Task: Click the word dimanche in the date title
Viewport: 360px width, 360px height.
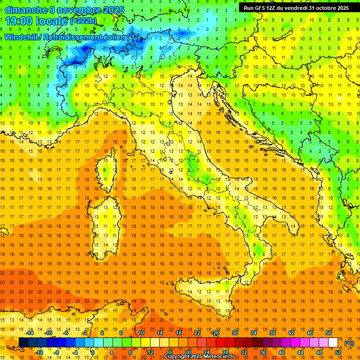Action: click(25, 10)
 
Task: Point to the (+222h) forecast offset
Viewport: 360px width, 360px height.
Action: click(83, 21)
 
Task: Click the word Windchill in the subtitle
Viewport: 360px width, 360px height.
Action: click(21, 37)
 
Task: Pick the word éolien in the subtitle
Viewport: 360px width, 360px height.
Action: click(114, 37)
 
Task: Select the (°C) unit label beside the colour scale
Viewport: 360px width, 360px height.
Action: click(349, 343)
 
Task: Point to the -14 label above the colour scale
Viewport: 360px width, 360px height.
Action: click(30, 333)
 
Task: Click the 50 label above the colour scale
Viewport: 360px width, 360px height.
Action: click(329, 333)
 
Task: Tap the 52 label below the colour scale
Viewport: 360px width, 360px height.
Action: click(338, 352)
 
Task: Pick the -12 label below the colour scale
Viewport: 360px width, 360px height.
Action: click(39, 352)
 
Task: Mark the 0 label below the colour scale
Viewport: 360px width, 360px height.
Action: click(93, 352)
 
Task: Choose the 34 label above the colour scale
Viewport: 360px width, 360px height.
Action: click(254, 333)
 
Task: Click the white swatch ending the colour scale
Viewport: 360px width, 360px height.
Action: click(333, 343)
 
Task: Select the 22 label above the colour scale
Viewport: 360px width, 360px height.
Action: click(197, 333)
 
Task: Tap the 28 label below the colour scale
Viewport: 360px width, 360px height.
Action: click(225, 352)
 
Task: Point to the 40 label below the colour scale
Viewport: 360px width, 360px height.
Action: click(282, 352)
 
